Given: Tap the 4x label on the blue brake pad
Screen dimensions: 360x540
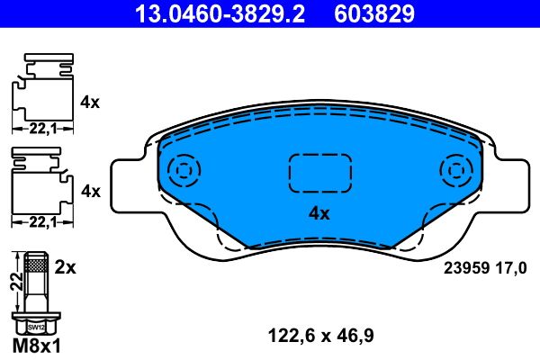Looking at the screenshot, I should click(x=319, y=213).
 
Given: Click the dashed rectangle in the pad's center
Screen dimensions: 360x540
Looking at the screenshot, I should click(x=319, y=171).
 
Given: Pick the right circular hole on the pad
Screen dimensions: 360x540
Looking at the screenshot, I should click(x=455, y=170).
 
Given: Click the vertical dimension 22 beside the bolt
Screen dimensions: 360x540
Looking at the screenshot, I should click(x=13, y=283).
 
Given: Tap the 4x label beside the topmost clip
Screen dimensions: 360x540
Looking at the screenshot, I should click(x=90, y=102).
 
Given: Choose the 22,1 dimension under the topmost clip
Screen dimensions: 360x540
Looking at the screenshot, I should click(x=41, y=130).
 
